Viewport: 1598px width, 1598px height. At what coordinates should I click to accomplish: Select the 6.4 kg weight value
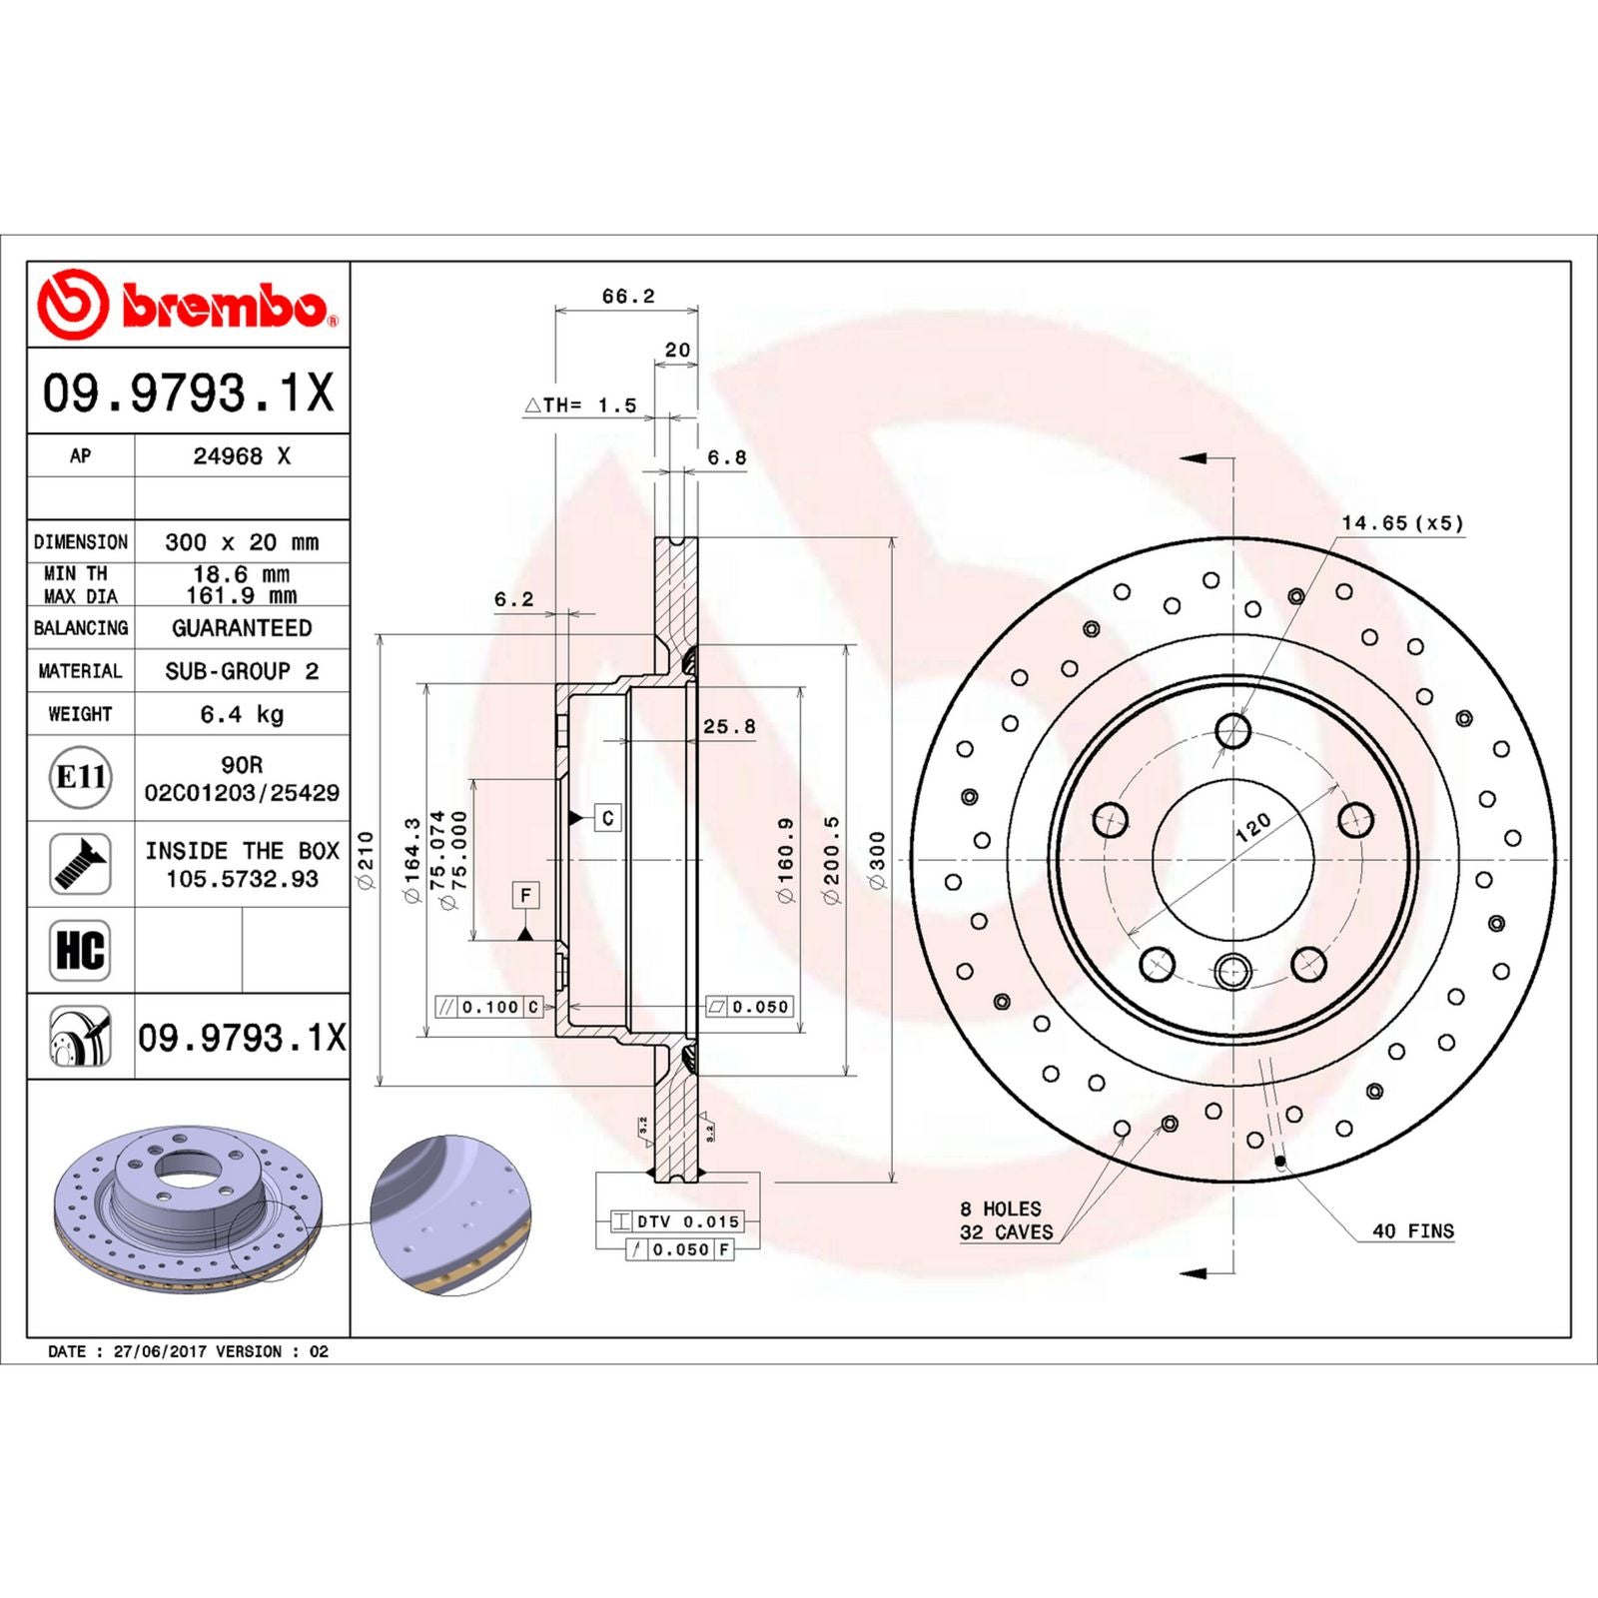(x=242, y=714)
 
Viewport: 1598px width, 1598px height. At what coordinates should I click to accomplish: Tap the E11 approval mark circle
(x=80, y=777)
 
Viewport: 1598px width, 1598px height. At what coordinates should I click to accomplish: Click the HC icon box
(x=80, y=950)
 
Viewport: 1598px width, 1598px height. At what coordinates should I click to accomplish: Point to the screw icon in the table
(x=80, y=864)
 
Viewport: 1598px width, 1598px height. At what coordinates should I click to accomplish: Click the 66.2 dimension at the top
(x=627, y=296)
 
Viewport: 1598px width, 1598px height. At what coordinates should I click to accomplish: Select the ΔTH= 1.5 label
(x=580, y=404)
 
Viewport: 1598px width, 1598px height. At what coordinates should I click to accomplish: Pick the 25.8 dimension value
(x=729, y=726)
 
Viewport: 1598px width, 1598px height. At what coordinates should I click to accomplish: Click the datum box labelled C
(x=607, y=818)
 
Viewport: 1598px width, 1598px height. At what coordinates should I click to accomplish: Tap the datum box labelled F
(x=525, y=895)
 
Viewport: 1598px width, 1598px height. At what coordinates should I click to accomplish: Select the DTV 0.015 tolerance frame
(x=677, y=1221)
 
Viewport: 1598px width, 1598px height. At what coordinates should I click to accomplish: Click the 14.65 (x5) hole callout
(x=1401, y=522)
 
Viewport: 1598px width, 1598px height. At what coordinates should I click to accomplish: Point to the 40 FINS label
(x=1412, y=1230)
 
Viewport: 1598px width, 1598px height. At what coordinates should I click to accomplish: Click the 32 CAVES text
(x=1006, y=1232)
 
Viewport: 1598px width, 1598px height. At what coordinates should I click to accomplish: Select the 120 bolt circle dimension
(x=1252, y=827)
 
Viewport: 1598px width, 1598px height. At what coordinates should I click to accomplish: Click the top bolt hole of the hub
(x=1233, y=730)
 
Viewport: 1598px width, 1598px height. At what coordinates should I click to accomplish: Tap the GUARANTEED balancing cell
(x=242, y=628)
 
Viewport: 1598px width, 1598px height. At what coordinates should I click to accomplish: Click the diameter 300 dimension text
(x=877, y=859)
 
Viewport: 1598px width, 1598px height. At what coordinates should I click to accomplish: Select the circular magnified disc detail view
(x=450, y=1214)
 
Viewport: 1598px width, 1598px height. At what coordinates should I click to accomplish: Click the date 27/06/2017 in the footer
(x=160, y=1351)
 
